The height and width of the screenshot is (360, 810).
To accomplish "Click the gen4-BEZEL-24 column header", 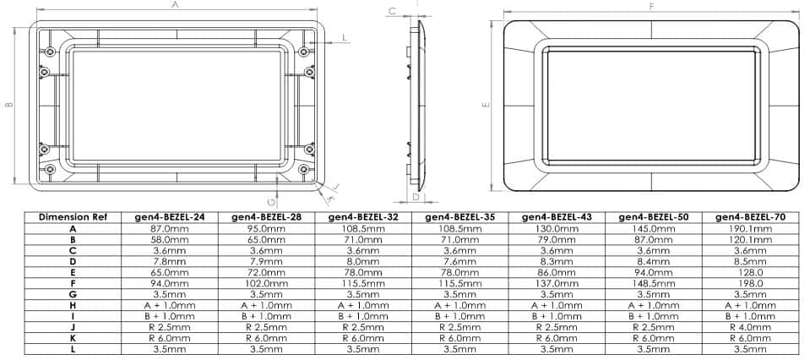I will (x=170, y=217).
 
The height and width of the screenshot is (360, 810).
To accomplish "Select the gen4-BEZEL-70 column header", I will (x=749, y=217).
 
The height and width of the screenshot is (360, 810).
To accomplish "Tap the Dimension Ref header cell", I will (x=73, y=217).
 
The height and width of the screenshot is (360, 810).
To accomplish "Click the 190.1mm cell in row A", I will (x=749, y=228).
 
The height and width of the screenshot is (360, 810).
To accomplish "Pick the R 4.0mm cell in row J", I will (x=749, y=326).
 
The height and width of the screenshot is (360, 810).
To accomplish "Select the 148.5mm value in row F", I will (x=653, y=283).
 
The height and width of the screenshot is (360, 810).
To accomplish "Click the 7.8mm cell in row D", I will (x=170, y=261).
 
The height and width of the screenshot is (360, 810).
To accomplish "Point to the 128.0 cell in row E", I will (x=749, y=272).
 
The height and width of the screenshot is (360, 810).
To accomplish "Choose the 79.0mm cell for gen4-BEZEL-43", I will (x=556, y=239).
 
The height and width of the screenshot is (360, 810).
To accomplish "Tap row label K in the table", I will (x=73, y=337).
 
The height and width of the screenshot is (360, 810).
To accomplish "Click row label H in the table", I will (x=73, y=305).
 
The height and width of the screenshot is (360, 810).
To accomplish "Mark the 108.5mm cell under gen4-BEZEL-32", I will (x=363, y=228).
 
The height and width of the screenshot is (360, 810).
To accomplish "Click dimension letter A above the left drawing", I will (x=175, y=5).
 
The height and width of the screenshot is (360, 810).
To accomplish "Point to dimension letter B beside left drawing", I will (x=8, y=105).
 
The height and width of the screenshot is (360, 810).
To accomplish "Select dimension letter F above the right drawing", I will (x=651, y=6).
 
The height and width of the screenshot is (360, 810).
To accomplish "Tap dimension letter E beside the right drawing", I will (x=486, y=105).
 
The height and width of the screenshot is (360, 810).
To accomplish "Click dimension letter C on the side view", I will (x=392, y=11).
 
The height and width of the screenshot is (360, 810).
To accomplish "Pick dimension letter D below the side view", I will (x=416, y=197).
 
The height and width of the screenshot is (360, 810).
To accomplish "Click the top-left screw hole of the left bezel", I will (x=52, y=52).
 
